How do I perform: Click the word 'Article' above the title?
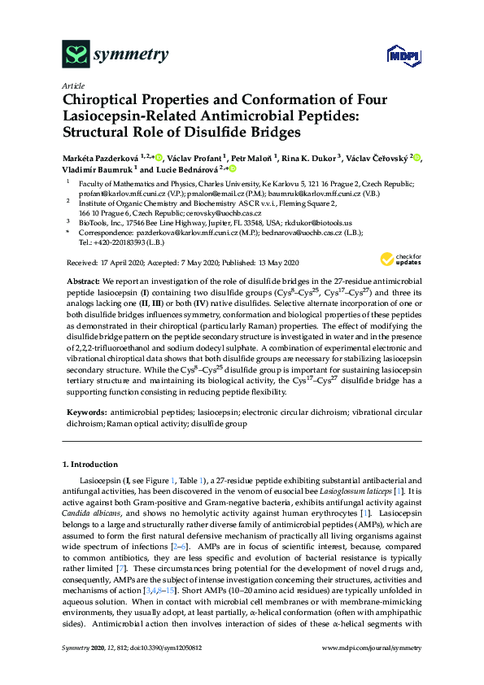[72, 85]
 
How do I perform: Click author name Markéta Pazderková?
[99, 157]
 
